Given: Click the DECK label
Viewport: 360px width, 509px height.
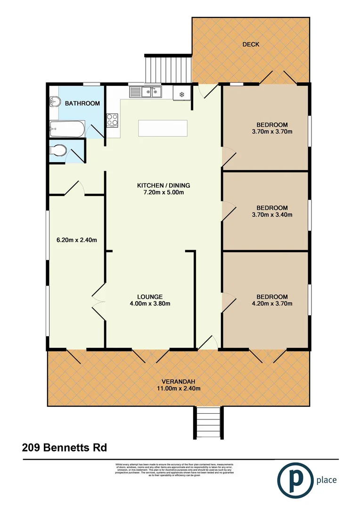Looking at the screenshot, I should [251, 44].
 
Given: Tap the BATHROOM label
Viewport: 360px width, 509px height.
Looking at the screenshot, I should [82, 103].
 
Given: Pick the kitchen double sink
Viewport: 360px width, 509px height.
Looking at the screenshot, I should [146, 92].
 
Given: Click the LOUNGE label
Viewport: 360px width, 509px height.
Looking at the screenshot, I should [150, 296].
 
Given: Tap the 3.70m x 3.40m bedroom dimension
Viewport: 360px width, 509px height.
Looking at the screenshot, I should [272, 215].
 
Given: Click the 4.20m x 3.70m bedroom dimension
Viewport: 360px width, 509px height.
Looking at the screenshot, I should [272, 304].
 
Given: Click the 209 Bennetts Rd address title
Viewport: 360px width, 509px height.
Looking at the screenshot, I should [65, 447].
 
